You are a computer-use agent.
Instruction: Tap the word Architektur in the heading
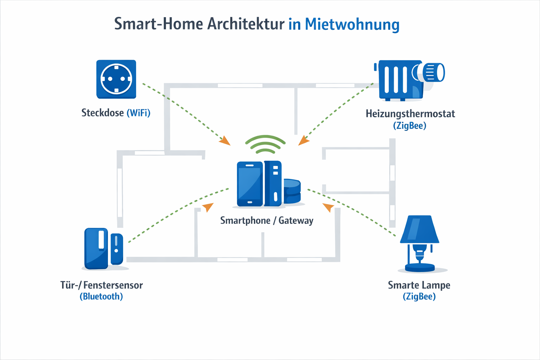point(245,24)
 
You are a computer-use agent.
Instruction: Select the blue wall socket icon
point(116,79)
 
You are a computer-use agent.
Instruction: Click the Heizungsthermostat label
point(410,114)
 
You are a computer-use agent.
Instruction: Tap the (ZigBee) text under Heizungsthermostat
point(410,126)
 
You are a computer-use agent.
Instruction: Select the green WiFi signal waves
point(265,144)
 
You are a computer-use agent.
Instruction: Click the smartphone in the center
point(250,184)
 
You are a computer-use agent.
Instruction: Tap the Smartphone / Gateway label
point(266,220)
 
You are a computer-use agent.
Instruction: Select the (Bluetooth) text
point(101,296)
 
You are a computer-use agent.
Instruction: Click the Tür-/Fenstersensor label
point(101,285)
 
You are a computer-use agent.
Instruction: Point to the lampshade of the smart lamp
point(419,229)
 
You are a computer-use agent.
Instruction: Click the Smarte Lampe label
point(419,285)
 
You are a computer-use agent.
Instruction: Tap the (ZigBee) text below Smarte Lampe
point(419,296)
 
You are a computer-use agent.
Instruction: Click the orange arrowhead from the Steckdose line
point(225,141)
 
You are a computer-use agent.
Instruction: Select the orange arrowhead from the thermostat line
point(303,141)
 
